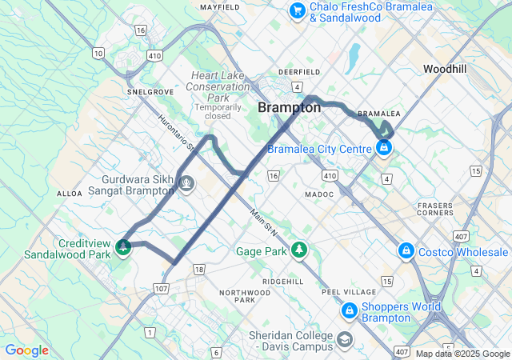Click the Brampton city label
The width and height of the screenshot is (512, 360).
[289, 108]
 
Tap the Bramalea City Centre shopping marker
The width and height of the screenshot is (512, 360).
[384, 148]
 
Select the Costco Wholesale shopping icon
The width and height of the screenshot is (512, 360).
[406, 252]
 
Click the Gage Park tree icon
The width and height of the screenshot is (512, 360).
[299, 250]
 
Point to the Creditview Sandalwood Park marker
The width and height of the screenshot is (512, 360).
[123, 247]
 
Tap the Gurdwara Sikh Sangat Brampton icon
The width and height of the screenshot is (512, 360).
[186, 184]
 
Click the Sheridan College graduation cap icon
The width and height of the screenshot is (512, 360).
[345, 338]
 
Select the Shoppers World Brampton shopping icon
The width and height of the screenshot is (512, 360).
[350, 310]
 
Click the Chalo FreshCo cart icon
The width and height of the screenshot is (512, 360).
[298, 10]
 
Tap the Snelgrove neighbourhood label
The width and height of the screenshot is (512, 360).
[150, 92]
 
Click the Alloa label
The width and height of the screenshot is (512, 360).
[70, 194]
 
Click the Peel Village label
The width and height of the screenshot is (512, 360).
[348, 292]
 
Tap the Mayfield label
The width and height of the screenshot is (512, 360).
[220, 7]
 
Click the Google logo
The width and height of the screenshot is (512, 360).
[26, 350]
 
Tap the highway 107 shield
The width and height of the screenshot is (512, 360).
[161, 288]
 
